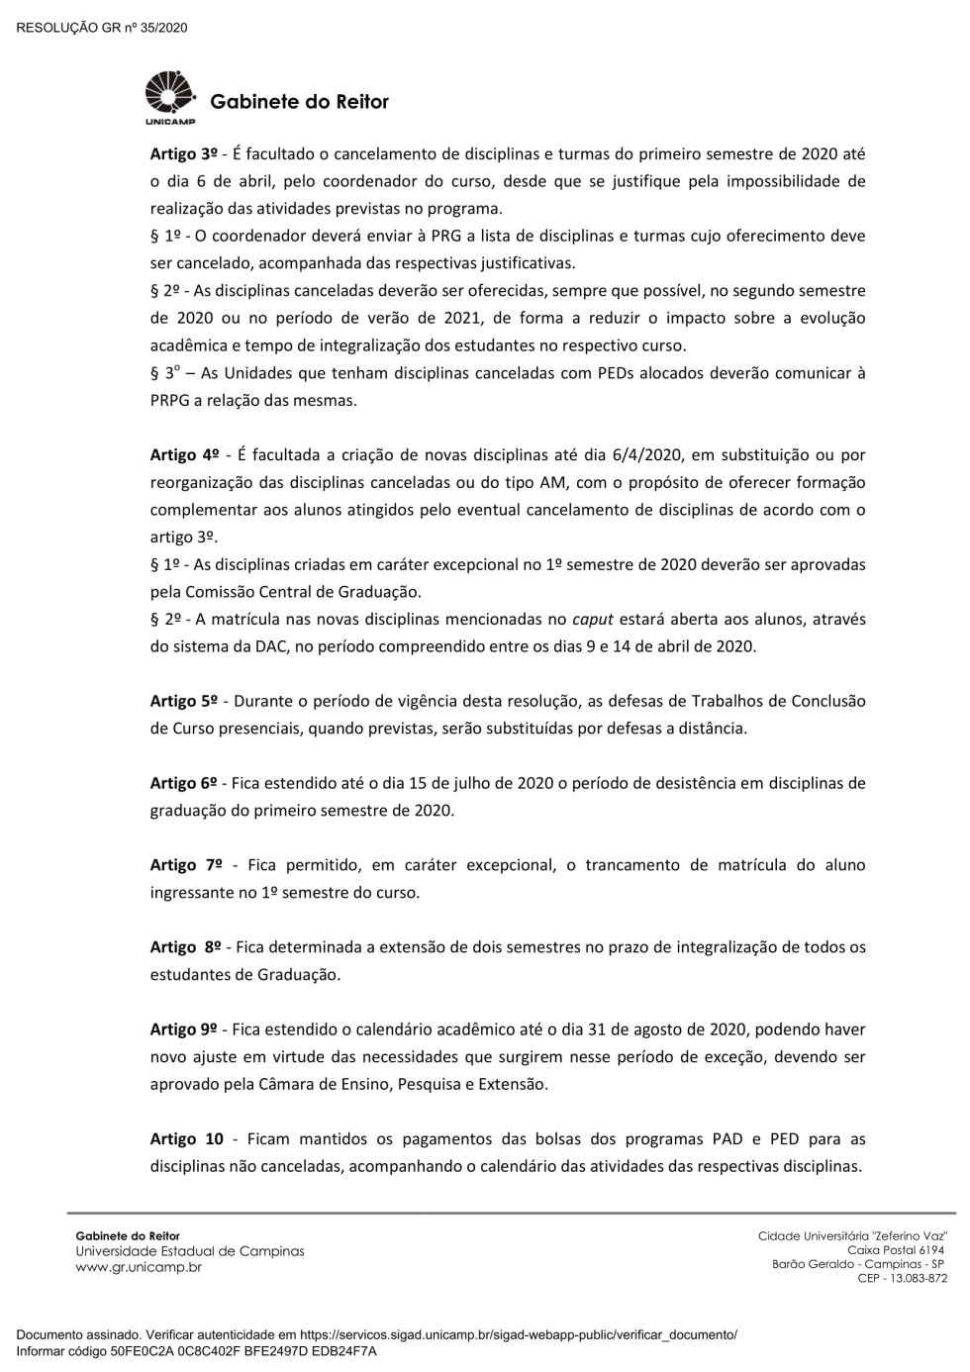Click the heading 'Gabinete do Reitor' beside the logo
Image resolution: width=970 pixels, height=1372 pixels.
(299, 102)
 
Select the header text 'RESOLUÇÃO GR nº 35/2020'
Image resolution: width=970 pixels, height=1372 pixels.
(102, 28)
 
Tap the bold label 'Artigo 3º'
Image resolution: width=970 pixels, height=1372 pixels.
(183, 153)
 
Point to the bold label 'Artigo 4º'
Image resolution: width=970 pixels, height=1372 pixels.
(184, 454)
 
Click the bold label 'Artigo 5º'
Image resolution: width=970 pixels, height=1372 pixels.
(183, 701)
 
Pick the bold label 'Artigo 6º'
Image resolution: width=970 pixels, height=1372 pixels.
(183, 783)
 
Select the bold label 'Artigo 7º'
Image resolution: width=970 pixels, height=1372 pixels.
(186, 865)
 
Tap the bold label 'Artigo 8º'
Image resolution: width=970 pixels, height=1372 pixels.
(185, 947)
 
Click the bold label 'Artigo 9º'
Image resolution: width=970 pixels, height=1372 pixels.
(183, 1029)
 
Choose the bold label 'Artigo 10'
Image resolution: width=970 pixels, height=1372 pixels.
(187, 1138)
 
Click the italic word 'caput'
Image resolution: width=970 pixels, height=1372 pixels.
(593, 620)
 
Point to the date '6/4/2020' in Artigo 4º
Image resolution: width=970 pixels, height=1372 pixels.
(653, 455)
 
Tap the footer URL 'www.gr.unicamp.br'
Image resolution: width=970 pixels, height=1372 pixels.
(139, 1267)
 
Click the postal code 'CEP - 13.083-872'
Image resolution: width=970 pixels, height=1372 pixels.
(902, 1278)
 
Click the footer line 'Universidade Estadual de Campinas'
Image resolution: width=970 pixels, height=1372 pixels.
(190, 1251)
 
